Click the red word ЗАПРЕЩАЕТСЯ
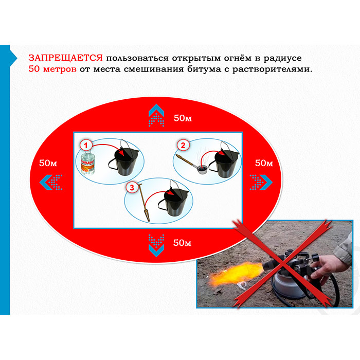click(65, 58)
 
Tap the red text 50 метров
click(52, 69)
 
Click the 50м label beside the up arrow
click(183, 118)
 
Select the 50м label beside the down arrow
click(182, 243)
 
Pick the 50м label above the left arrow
click(48, 163)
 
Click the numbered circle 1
click(86, 146)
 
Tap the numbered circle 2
click(183, 146)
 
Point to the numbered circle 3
click(132, 187)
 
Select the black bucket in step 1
click(124, 160)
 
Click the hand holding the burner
click(330, 268)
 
